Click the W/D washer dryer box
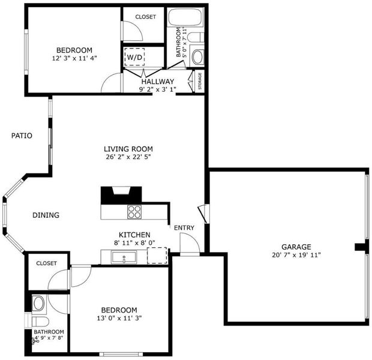134,57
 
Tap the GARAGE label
296,247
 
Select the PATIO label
22,136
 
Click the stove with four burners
134,212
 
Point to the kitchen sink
124,257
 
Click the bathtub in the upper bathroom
185,17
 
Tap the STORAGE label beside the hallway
200,81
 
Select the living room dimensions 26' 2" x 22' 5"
128,157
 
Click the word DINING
46,215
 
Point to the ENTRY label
184,228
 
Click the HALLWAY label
158,82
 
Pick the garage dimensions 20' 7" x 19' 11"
296,255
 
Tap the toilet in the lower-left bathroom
40,322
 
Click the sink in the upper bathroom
197,57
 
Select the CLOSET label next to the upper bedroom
146,17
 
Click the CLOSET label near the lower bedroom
47,263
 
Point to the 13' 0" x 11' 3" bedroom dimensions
119,318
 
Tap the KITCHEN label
134,235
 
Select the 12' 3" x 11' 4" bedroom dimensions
74,58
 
